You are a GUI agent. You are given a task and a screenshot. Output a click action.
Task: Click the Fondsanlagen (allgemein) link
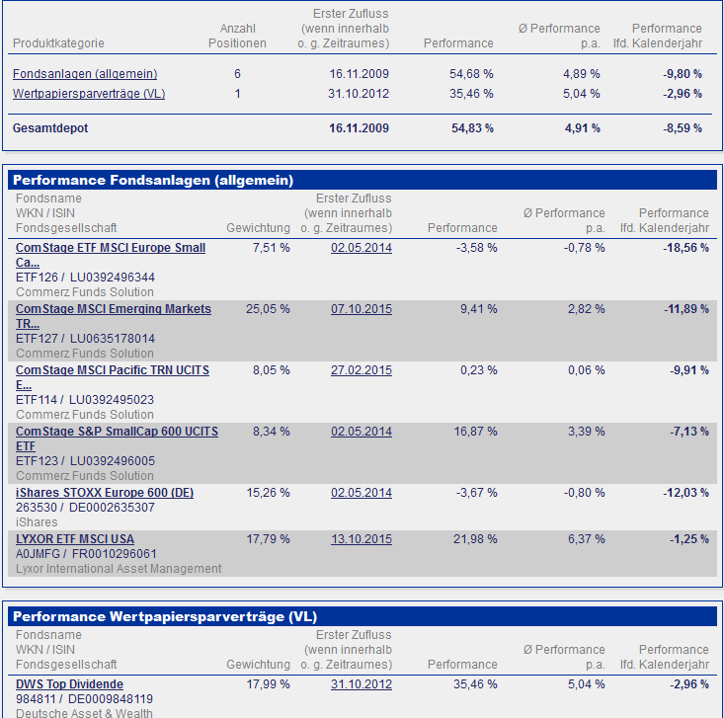pos(85,74)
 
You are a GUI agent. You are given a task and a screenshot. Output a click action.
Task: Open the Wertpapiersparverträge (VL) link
pos(89,94)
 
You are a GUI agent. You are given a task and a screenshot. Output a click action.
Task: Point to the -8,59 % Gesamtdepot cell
pos(683,128)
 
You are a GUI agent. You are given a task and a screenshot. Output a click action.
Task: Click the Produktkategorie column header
pos(58,43)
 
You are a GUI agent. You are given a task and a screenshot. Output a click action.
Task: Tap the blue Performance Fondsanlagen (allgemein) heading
pos(153,180)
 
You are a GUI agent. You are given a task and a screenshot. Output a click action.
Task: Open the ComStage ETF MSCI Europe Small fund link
pos(110,248)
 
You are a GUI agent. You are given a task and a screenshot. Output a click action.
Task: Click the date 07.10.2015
pos(361,309)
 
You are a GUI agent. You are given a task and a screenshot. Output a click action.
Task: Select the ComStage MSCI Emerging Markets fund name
pos(113,309)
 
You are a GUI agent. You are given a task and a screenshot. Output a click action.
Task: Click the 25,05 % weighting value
pos(268,309)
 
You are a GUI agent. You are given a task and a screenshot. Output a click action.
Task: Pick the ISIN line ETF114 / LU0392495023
pos(85,400)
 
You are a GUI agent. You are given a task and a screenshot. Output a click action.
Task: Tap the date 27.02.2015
pos(361,370)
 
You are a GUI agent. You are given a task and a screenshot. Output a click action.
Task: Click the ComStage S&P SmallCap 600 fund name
pos(117,432)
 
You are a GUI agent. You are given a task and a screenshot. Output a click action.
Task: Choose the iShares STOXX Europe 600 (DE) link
pos(104,493)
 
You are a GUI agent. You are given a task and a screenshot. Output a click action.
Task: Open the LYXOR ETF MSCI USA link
pos(74,538)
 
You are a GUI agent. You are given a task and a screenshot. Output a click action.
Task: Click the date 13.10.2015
pos(361,538)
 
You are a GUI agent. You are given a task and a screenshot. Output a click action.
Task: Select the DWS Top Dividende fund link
pos(69,684)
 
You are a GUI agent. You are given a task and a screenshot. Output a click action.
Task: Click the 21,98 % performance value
pos(474,538)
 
